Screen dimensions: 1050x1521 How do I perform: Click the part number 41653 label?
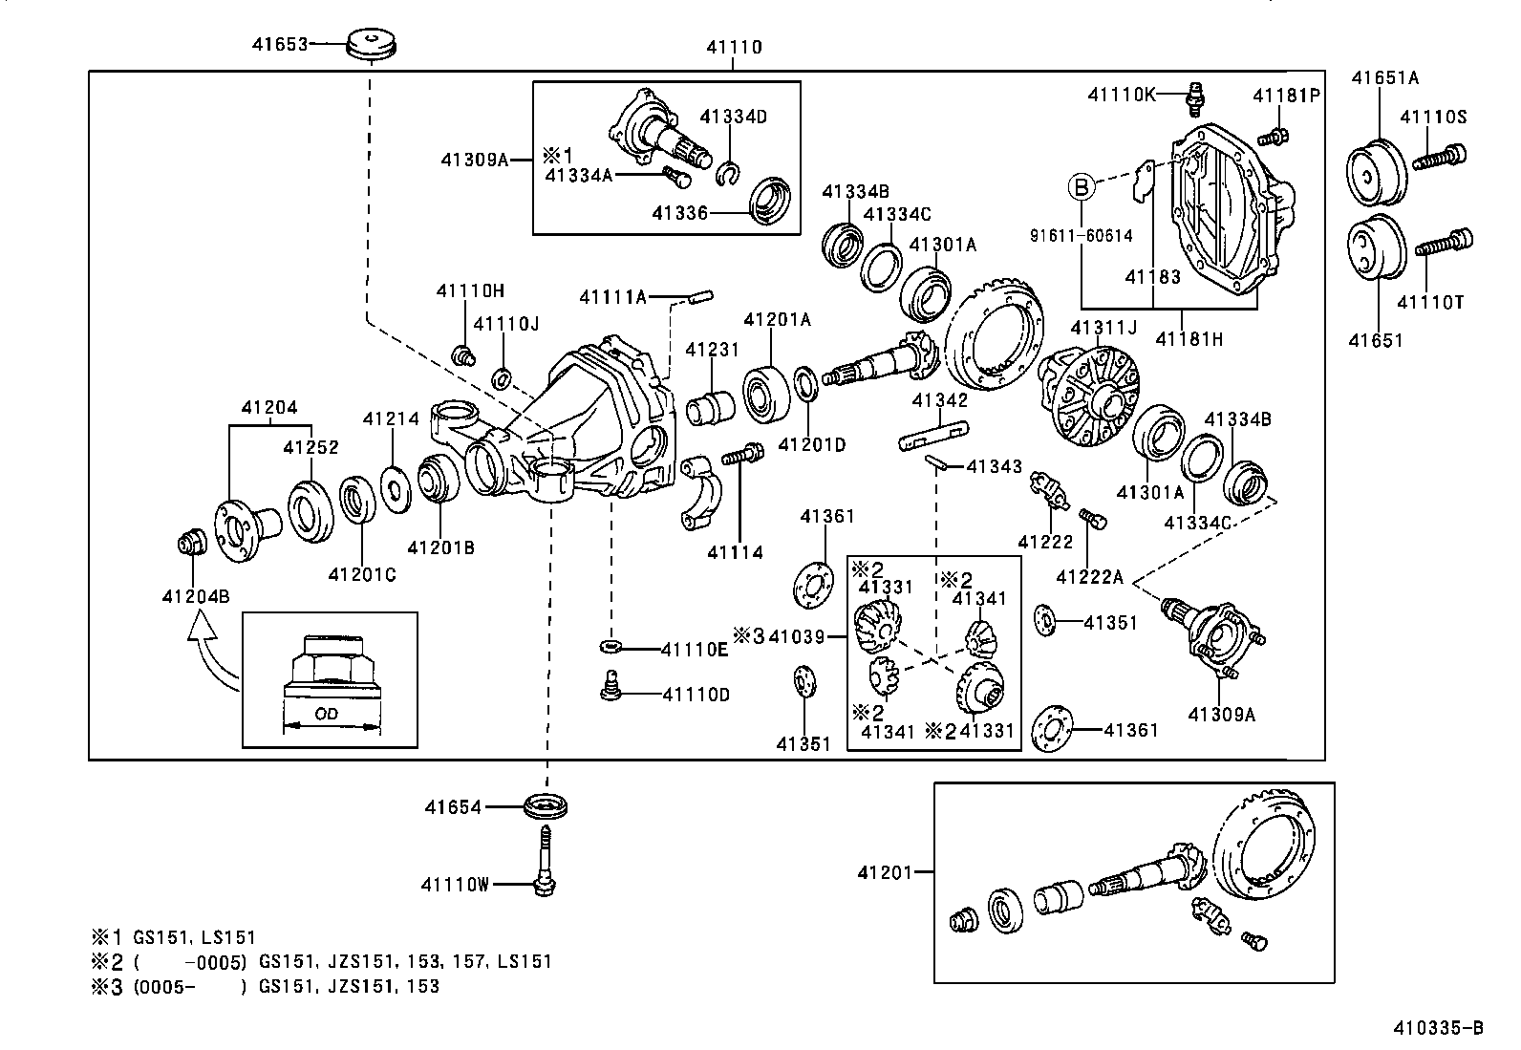280,43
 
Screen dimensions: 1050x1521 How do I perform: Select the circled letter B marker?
1082,187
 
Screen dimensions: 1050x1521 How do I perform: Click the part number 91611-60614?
1081,235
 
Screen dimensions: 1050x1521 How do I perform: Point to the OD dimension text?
327,714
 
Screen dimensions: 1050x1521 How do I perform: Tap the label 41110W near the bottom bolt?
454,885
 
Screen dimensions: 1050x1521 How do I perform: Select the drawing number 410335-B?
1438,1028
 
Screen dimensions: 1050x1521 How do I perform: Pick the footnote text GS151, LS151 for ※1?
196,938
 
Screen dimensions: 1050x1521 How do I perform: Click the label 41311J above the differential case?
1103,328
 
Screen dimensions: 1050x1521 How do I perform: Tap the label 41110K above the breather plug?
1122,94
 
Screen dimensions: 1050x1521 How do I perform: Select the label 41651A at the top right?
1383,78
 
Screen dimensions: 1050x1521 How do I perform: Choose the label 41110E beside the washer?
695,650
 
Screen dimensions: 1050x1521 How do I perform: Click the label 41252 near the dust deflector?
311,447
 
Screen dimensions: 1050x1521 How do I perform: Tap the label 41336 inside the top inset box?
680,212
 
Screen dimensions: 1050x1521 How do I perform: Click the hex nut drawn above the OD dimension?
329,665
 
